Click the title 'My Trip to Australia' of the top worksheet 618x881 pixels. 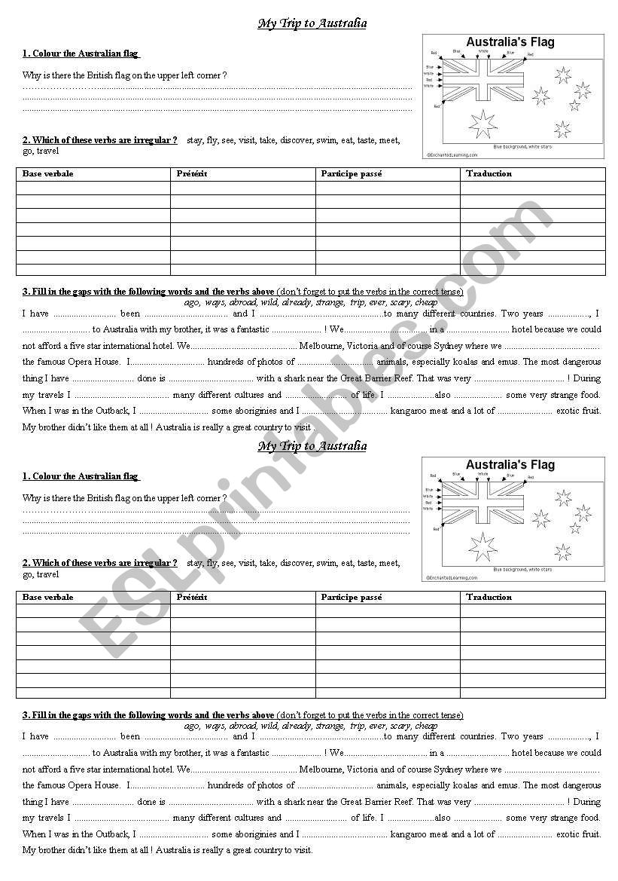(312, 23)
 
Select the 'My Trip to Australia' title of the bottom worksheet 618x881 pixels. (312, 446)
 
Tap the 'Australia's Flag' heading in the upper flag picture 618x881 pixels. (510, 42)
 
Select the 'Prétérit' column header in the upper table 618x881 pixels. (192, 174)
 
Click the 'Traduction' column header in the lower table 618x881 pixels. (489, 598)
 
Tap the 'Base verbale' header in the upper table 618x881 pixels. (48, 174)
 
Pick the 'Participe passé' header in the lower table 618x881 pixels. (352, 598)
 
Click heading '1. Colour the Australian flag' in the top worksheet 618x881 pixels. (81, 54)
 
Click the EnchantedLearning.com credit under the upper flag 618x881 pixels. (452, 154)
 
